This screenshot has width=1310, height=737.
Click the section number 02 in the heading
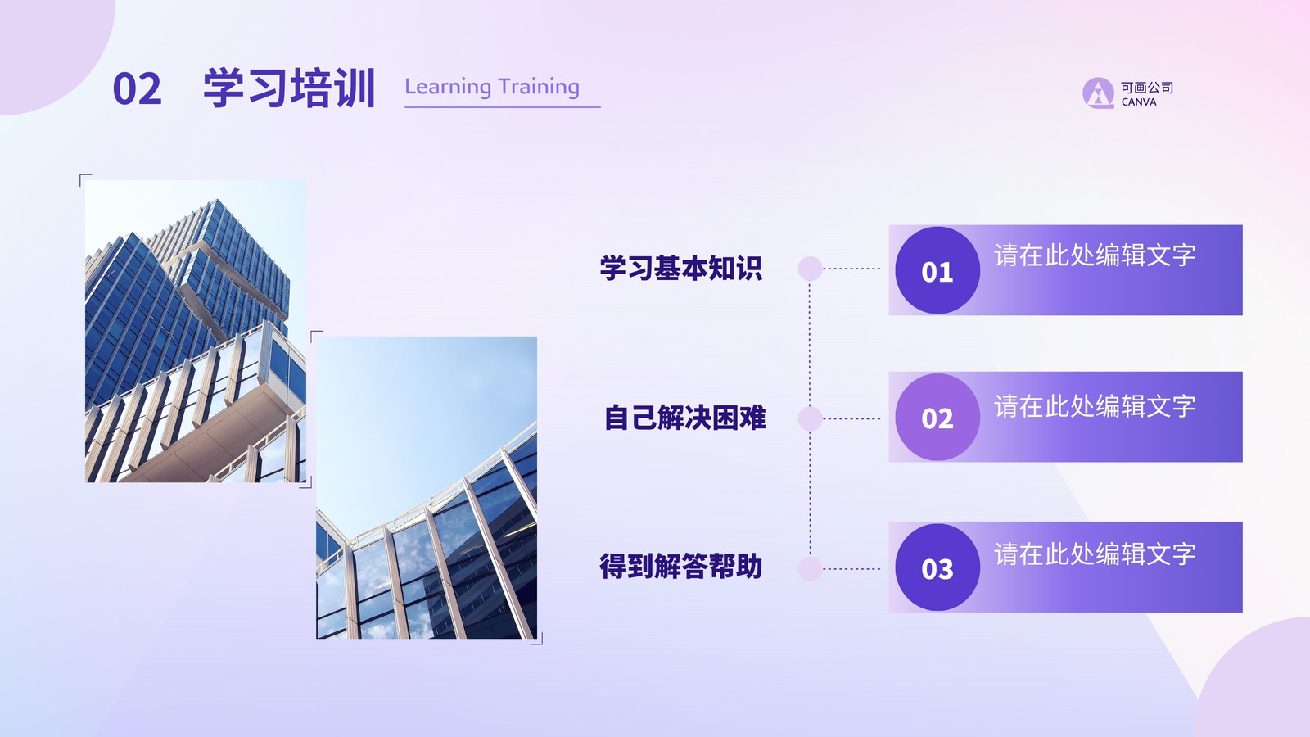tap(137, 89)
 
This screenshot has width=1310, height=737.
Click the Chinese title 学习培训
tap(289, 88)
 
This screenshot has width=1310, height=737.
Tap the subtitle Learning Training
tap(492, 87)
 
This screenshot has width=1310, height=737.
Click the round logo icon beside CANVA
tap(1098, 93)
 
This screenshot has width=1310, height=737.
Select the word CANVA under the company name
tap(1139, 102)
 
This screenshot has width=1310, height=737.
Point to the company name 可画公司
tap(1147, 88)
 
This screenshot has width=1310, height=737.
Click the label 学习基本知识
tap(681, 268)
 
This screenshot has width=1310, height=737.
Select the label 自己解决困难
tap(684, 418)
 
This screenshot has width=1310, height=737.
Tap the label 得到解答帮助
tap(680, 566)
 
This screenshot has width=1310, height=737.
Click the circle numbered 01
tap(937, 270)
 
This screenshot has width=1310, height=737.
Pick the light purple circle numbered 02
tap(937, 417)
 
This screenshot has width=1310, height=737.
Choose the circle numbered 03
tap(937, 567)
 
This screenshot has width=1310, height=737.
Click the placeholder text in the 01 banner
tap(1095, 255)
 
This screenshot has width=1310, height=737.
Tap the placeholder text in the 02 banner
tap(1095, 406)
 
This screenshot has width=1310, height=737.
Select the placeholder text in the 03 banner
tap(1095, 554)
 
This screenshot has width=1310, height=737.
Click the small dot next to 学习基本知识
tap(810, 269)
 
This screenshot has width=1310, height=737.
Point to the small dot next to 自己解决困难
tap(810, 418)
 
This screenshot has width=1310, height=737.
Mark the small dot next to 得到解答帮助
tap(810, 568)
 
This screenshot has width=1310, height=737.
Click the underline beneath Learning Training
tap(503, 107)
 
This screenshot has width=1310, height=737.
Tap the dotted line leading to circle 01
tap(851, 269)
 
